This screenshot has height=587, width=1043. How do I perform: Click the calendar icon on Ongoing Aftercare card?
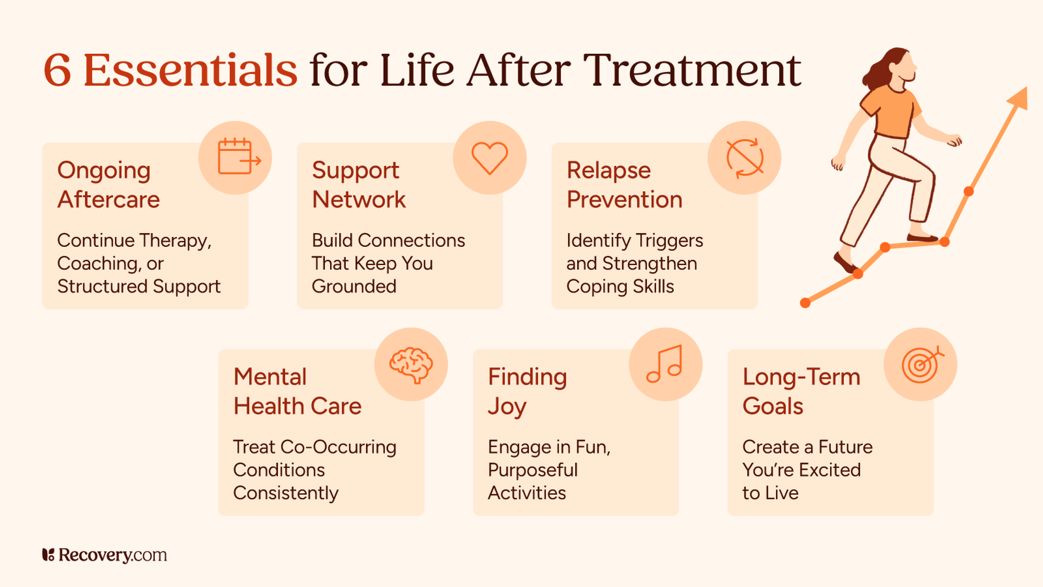click(x=237, y=158)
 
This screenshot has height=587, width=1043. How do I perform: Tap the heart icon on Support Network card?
click(x=490, y=158)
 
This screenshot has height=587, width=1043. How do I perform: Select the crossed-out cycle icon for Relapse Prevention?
click(x=745, y=158)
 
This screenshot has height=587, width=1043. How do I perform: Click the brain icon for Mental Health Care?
click(x=411, y=364)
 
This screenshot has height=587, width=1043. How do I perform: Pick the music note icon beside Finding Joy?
click(x=665, y=364)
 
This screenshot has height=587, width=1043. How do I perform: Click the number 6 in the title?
click(x=57, y=70)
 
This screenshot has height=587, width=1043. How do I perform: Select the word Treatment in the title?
click(x=692, y=70)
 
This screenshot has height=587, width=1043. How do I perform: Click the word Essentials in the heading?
click(x=190, y=70)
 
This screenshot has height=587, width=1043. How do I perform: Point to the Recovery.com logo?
click(x=104, y=555)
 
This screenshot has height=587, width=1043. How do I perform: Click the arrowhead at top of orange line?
click(x=1019, y=99)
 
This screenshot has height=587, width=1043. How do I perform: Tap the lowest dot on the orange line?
click(x=805, y=303)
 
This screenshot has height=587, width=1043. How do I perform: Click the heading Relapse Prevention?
click(x=624, y=185)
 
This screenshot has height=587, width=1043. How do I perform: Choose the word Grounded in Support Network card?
click(x=354, y=286)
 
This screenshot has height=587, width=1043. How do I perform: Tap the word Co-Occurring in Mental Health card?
click(x=338, y=447)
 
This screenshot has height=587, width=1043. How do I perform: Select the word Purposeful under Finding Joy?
click(x=532, y=471)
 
